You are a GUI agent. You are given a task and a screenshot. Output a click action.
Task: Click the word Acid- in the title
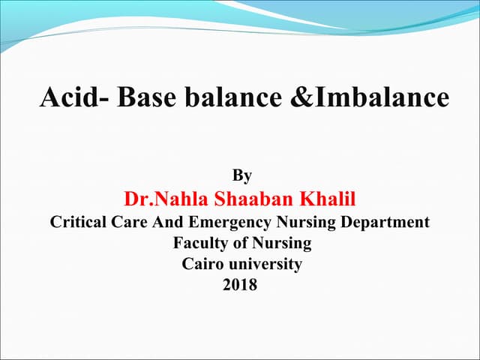[73, 97]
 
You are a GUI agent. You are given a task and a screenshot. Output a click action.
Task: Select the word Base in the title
[143, 97]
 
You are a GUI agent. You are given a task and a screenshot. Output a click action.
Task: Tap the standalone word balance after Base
[226, 97]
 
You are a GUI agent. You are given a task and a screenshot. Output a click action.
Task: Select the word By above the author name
[241, 176]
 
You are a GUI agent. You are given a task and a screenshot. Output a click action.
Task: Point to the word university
[265, 264]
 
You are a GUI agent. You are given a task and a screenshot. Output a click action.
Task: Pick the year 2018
[240, 285]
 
